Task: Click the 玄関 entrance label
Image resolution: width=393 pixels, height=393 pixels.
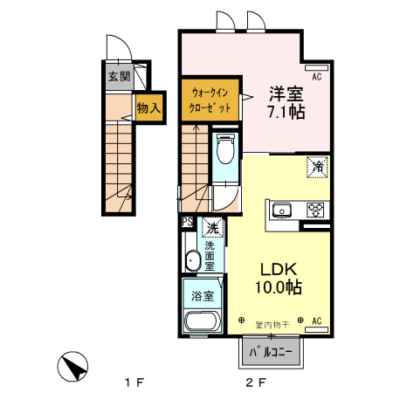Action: (119, 76)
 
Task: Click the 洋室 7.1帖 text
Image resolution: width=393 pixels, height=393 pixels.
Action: (286, 101)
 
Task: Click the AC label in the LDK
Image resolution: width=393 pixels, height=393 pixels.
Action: (317, 321)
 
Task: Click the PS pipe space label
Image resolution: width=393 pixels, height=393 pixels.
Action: (188, 223)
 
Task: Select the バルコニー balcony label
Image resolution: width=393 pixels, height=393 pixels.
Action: (272, 354)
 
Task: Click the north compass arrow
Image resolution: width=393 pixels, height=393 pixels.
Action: (75, 367)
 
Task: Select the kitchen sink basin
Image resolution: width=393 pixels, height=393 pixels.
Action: (282, 210)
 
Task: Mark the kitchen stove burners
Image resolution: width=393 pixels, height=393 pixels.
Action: (315, 210)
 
